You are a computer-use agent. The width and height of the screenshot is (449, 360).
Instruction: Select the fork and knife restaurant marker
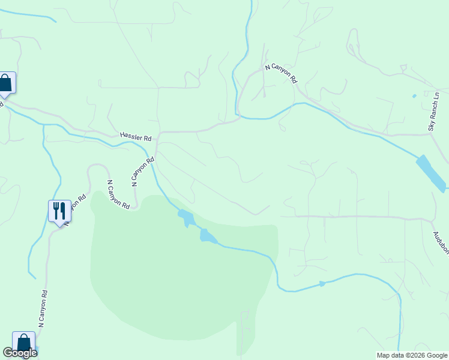tap(59, 212)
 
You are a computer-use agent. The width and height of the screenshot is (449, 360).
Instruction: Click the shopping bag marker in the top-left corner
tap(5, 83)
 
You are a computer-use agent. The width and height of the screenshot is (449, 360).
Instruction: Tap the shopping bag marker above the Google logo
tap(23, 343)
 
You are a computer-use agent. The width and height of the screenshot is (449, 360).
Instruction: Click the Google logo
tap(20, 353)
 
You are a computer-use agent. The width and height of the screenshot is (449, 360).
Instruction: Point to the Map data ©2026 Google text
tap(412, 355)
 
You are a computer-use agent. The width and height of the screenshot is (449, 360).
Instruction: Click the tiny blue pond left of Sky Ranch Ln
tap(414, 96)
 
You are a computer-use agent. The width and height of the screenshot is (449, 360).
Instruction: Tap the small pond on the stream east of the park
tap(322, 283)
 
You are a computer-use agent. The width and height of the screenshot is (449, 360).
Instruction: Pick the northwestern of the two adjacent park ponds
tap(185, 217)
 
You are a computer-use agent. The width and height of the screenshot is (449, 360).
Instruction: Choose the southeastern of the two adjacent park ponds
tap(207, 236)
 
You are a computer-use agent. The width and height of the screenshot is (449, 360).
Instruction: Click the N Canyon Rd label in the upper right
tap(282, 73)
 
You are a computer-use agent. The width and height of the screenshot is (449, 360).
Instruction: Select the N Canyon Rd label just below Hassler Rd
tap(143, 170)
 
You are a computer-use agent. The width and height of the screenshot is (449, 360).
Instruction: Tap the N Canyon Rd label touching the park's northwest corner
tap(118, 194)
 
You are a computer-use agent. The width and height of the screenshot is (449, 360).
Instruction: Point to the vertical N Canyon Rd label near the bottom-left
tap(43, 308)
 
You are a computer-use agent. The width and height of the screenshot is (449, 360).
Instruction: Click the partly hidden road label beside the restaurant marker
tap(73, 209)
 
